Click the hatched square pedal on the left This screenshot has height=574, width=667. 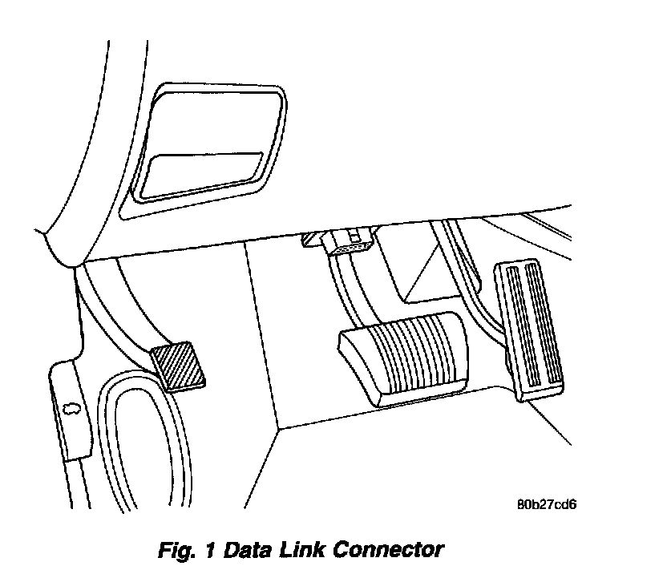click(180, 366)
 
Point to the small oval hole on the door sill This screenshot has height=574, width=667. click(70, 408)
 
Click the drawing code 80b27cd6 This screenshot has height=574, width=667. click(548, 505)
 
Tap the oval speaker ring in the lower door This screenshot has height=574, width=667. click(144, 449)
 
